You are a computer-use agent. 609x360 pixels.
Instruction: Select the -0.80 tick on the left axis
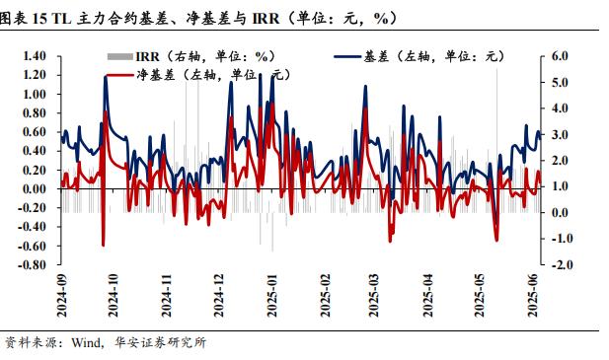pos(32,265)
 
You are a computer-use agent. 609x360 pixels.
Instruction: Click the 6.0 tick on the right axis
pos(561,57)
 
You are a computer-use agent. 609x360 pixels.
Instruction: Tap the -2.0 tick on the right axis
pos(559,265)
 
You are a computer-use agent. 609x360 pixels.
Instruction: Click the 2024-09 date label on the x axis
pos(61,295)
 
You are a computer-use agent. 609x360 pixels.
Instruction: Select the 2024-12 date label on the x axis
pos(218,295)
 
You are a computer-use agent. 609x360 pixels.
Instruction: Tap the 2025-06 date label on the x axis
pos(534,295)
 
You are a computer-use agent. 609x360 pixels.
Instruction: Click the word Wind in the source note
pos(87,343)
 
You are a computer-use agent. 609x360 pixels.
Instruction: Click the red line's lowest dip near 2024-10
pos(103,245)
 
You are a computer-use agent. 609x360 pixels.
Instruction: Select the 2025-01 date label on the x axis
pos(270,295)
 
